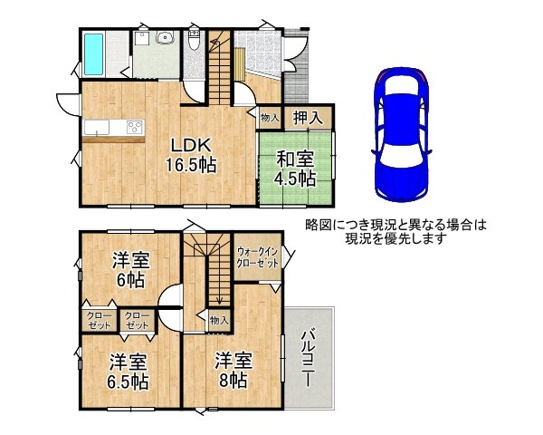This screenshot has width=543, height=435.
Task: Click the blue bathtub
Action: click(94, 53)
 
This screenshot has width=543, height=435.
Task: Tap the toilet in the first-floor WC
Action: click(194, 40)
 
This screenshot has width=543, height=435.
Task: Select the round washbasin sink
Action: click(165, 37)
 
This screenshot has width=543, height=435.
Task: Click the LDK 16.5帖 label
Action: click(191, 155)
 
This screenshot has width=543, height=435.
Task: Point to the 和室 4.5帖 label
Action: click(295, 169)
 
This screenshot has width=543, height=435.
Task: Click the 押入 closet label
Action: click(308, 117)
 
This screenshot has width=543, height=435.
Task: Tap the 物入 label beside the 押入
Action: click(270, 118)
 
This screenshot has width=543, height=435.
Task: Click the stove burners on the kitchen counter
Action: click(135, 127)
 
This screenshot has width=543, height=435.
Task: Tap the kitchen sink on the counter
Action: click(97, 127)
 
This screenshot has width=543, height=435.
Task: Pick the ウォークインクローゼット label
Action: click(257, 257)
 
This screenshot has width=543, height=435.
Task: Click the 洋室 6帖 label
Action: click(130, 270)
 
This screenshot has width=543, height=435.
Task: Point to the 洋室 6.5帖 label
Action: click(128, 372)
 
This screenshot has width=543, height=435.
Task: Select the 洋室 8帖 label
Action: click(233, 370)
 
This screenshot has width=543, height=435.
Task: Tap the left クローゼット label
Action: click(99, 321)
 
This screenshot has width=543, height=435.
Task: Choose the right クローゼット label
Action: click(138, 321)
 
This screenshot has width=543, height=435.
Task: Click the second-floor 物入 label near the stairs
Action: click(219, 321)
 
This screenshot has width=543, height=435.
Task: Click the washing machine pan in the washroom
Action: click(142, 38)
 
